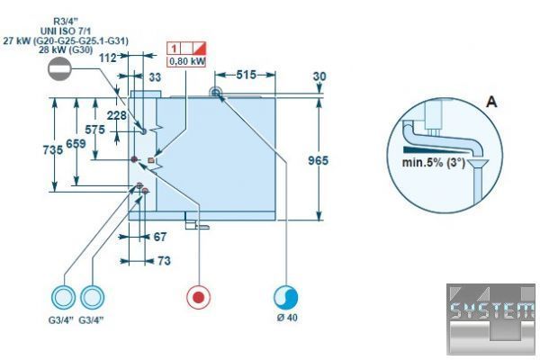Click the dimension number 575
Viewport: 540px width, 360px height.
[95, 130]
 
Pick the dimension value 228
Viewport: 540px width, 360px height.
[116, 115]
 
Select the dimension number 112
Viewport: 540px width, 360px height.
[110, 58]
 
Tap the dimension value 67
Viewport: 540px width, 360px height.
[160, 237]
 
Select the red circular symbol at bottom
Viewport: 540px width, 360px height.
[198, 297]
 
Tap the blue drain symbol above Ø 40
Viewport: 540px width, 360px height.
[286, 297]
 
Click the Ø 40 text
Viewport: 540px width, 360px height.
[286, 319]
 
